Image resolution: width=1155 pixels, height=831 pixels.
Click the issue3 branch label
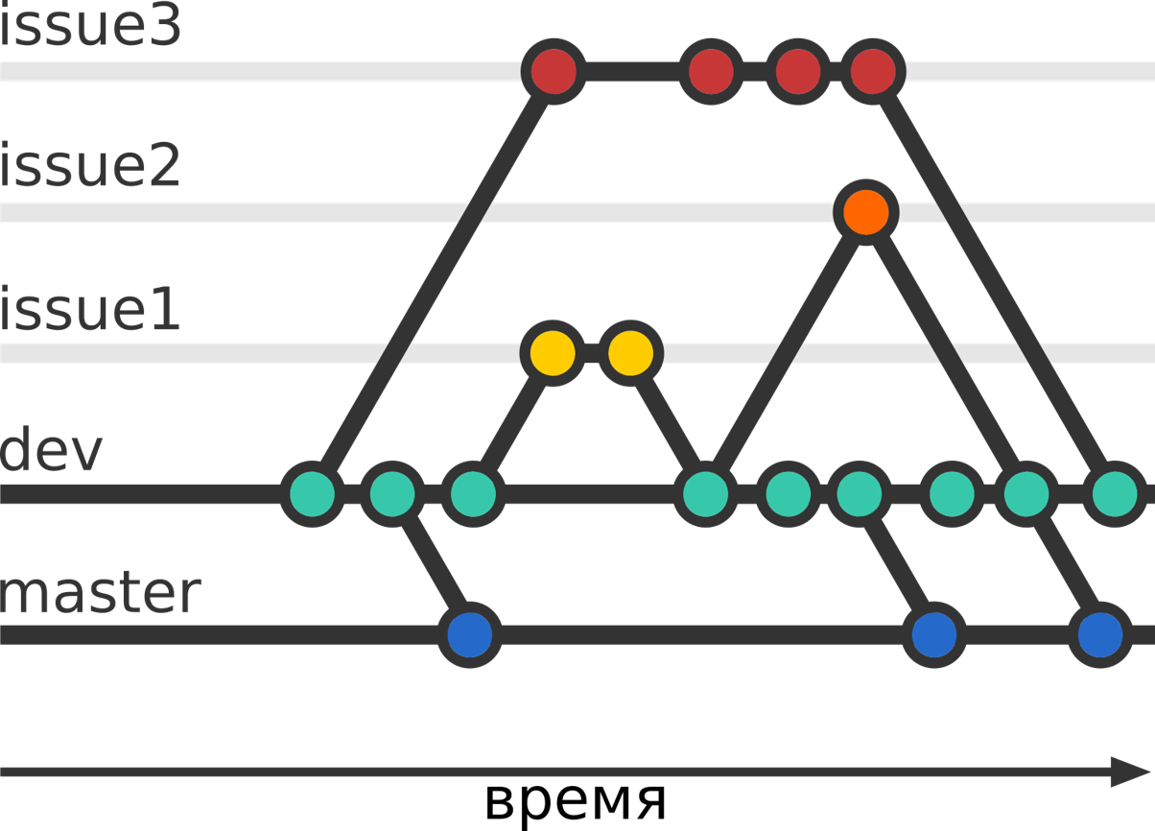[x=90, y=27]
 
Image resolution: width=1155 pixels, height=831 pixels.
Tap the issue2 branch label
[x=90, y=167]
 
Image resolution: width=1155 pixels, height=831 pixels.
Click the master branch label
[x=101, y=593]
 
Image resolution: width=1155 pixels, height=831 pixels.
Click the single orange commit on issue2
[x=865, y=212]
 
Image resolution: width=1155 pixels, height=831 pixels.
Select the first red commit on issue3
[x=553, y=71]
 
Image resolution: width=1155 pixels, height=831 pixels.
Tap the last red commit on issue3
[x=872, y=71]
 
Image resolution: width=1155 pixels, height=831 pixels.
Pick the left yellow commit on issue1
[x=553, y=353]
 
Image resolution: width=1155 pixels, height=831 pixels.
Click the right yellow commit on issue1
[x=630, y=353]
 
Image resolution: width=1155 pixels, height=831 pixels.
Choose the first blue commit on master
[x=469, y=634]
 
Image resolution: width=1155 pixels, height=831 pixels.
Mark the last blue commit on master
[x=1099, y=634]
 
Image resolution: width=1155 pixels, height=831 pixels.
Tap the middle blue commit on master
[x=932, y=634]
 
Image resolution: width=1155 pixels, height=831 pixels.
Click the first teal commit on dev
[x=313, y=495]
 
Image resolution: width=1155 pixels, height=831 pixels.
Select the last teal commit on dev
[x=1115, y=495]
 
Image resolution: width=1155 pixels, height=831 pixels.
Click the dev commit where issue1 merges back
[x=706, y=495]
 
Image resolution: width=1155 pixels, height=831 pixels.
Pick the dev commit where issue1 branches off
[x=472, y=495]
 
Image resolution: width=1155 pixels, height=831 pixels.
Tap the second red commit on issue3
[x=711, y=71]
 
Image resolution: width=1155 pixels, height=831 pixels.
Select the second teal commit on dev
[x=392, y=495]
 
